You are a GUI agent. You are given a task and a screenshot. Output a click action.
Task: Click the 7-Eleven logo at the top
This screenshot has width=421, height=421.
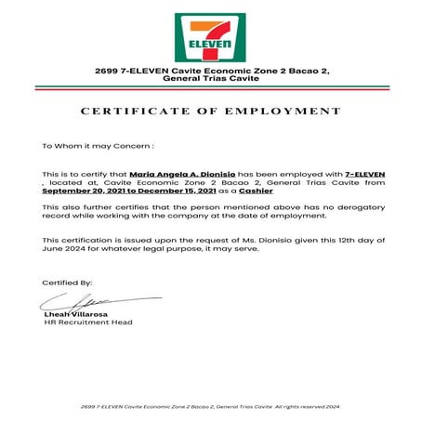[210, 37]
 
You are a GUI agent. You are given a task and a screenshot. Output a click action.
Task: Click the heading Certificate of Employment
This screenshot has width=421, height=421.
[211, 111]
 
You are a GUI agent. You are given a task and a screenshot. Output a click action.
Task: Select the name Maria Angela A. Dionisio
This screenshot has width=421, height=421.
[194, 175]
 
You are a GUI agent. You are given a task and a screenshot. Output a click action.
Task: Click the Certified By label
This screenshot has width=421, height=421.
[68, 282]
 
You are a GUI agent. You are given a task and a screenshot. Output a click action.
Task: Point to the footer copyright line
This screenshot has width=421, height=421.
[211, 407]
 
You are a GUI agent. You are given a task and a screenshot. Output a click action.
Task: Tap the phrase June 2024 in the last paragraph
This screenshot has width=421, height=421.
[63, 248]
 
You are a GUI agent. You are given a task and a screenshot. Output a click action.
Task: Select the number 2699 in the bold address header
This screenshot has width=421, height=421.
[105, 72]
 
